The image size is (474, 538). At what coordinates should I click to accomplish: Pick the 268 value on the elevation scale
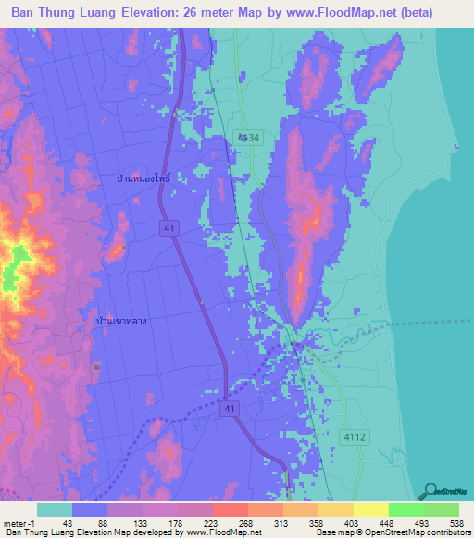(x=245, y=522)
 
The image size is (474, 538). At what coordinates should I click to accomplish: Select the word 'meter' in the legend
(x=13, y=522)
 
